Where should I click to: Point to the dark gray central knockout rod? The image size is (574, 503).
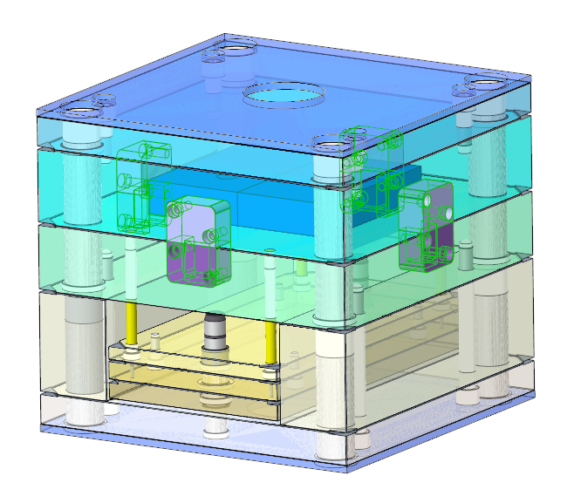click(213, 336)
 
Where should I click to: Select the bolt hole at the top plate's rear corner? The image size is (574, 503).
click(230, 51)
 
